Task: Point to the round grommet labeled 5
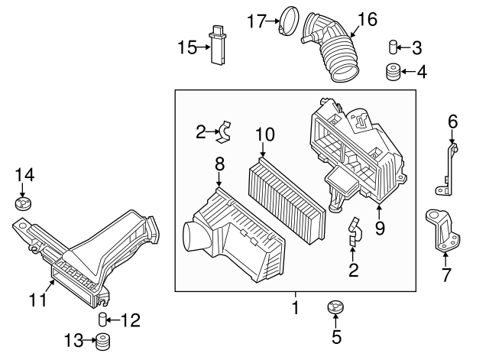pos(333,309)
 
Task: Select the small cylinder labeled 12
pos(102,319)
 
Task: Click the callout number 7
pos(447,273)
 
